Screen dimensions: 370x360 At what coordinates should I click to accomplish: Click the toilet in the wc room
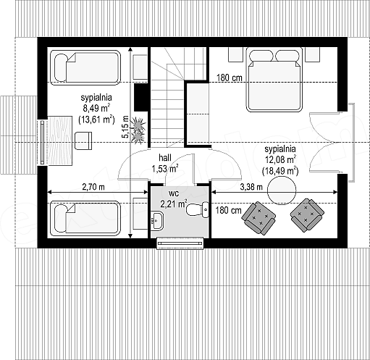tap(198, 209)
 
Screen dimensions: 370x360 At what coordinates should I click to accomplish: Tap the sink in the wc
tap(157, 221)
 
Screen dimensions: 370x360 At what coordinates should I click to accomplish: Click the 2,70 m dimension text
tap(93, 187)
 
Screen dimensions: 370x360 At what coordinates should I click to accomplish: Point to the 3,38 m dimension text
tap(251, 187)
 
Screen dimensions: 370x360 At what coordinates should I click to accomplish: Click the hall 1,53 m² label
tap(165, 163)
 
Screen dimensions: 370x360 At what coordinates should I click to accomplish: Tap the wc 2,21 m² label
tap(174, 199)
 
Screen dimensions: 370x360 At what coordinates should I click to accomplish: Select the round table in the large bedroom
tap(282, 191)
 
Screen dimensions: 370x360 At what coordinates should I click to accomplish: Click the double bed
tap(274, 80)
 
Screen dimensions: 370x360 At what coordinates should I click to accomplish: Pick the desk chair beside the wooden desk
tap(83, 141)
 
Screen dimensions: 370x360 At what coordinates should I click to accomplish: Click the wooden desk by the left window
tap(59, 141)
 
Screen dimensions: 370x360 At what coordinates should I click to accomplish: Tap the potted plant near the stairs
tap(138, 130)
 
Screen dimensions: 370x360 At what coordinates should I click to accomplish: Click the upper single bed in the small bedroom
tap(85, 67)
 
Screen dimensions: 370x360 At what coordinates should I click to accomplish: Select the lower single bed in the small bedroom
tap(85, 218)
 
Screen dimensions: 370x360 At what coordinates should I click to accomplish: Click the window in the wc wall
tap(180, 243)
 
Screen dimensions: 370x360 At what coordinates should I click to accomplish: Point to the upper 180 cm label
tap(229, 78)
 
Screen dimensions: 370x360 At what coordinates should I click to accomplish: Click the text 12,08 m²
tap(281, 159)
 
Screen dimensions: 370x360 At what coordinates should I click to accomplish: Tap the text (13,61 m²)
tap(96, 120)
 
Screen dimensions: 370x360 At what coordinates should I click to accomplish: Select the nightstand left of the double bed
tap(235, 54)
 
